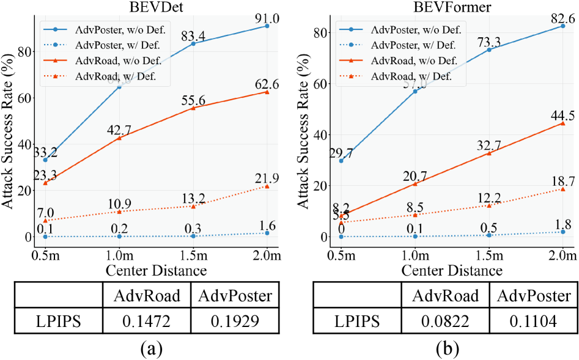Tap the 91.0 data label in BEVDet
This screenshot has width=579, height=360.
point(267,13)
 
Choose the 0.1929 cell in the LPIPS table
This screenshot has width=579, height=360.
point(231,320)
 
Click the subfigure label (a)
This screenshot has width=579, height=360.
point(150,349)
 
